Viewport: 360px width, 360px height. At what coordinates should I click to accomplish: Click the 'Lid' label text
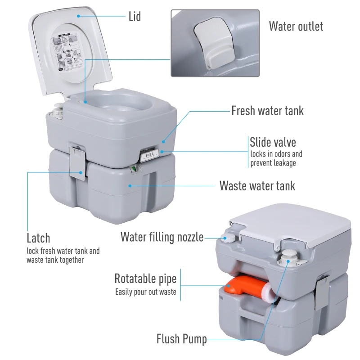click(x=135, y=17)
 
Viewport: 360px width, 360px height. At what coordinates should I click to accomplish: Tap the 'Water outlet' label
click(x=296, y=26)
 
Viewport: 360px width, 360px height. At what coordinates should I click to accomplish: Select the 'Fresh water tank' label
click(x=267, y=111)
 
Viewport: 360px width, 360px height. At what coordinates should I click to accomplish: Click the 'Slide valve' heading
click(x=273, y=143)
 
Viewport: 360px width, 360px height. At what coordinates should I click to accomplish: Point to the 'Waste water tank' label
click(x=257, y=185)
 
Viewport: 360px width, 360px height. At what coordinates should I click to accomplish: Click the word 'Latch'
click(x=38, y=238)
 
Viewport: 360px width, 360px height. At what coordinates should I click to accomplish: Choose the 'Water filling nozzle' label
click(x=162, y=237)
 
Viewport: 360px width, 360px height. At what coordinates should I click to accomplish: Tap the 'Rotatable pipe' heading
click(x=145, y=279)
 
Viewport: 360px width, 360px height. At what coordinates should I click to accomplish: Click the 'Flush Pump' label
click(x=181, y=339)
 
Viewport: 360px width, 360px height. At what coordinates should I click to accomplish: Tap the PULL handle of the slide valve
click(x=148, y=156)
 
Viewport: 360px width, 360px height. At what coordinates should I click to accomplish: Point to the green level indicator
click(x=134, y=170)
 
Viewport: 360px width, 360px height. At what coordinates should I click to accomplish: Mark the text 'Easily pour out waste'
click(x=145, y=292)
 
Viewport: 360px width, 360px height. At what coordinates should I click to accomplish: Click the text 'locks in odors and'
click(x=276, y=154)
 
